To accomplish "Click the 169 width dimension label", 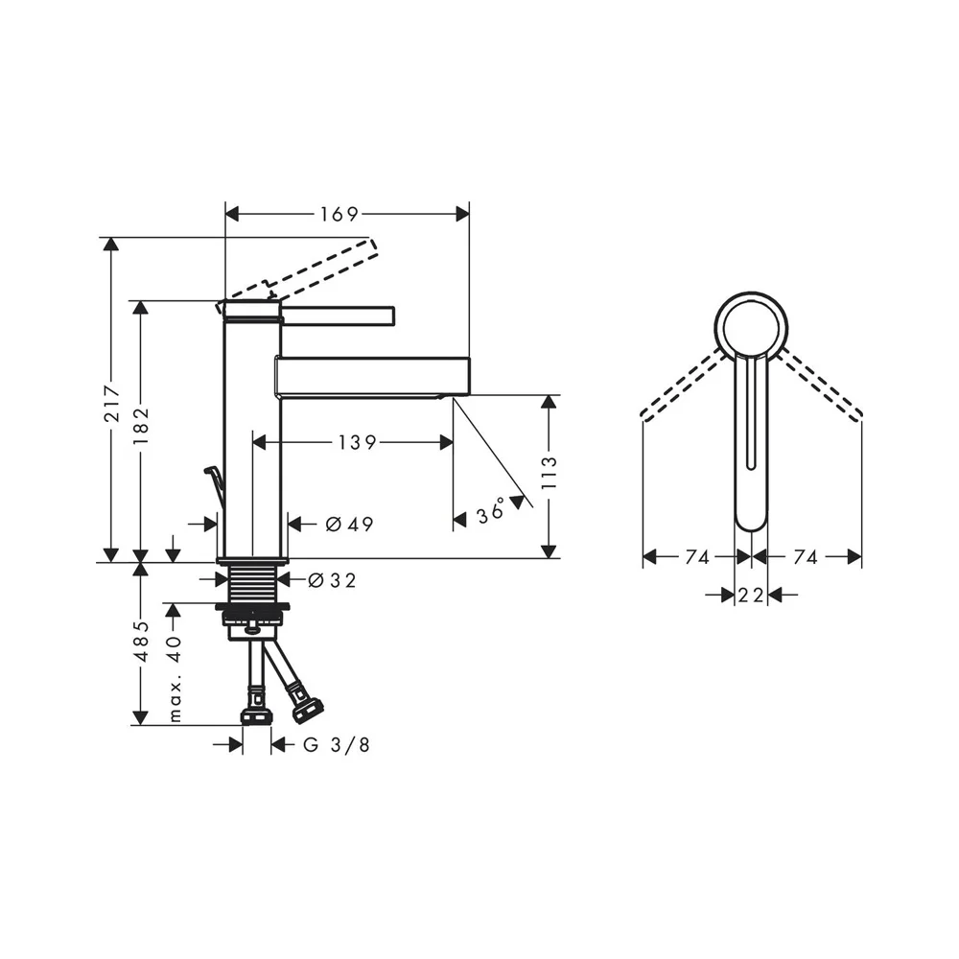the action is [339, 214].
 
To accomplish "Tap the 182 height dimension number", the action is [141, 427].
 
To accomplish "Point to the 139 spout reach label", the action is [357, 442].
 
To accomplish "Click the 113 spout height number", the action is [550, 473].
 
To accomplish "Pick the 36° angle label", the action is [490, 511].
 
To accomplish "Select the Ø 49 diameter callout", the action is [349, 525].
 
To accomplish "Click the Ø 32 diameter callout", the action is [332, 580].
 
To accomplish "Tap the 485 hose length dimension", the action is [141, 641].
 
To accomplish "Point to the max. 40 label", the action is [175, 679].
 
